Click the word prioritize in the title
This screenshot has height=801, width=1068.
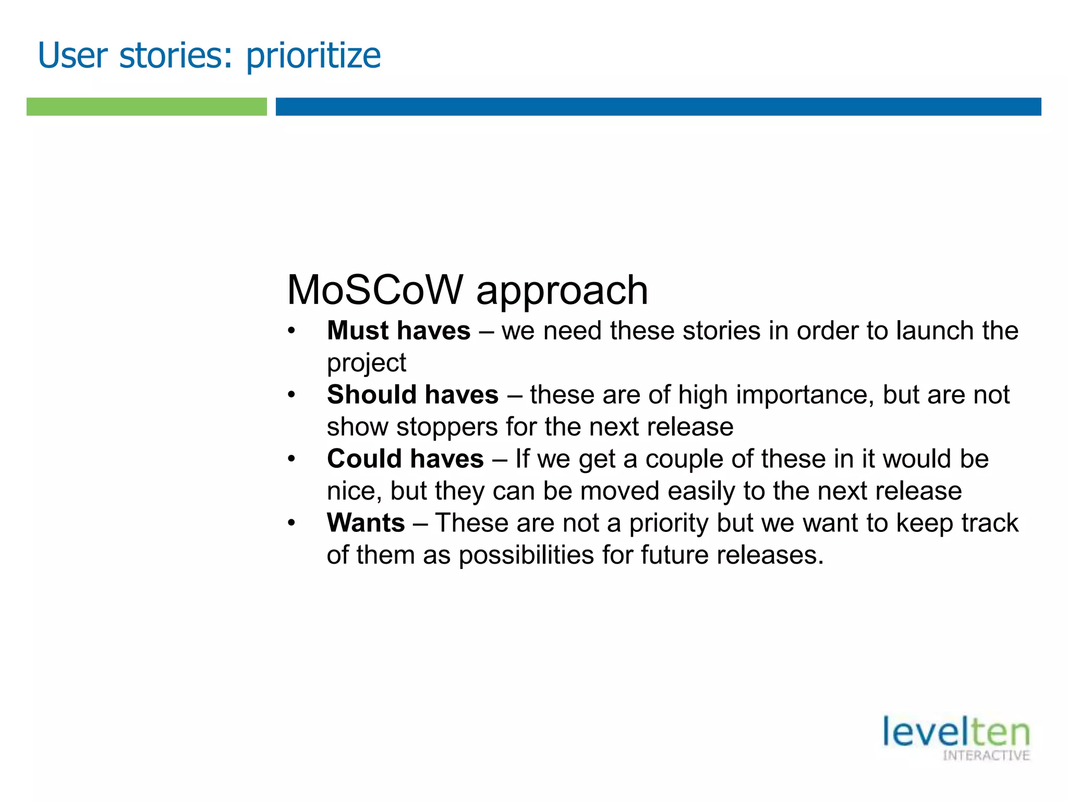pos(313,56)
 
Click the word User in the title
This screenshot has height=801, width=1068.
pos(72,55)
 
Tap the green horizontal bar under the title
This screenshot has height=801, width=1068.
pos(147,106)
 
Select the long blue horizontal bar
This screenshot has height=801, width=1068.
pos(658,106)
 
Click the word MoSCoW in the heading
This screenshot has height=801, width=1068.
pos(375,290)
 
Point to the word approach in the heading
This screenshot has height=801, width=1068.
pos(562,291)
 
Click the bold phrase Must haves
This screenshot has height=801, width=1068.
pos(398,331)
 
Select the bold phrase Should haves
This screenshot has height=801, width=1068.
pos(412,395)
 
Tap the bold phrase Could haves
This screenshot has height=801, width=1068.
pos(405,459)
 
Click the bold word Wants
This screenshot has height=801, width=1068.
pos(366,523)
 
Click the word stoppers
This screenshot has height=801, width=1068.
pos(447,427)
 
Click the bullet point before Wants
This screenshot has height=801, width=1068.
pos(292,523)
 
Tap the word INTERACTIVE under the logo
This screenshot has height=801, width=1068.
pos(986,756)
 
